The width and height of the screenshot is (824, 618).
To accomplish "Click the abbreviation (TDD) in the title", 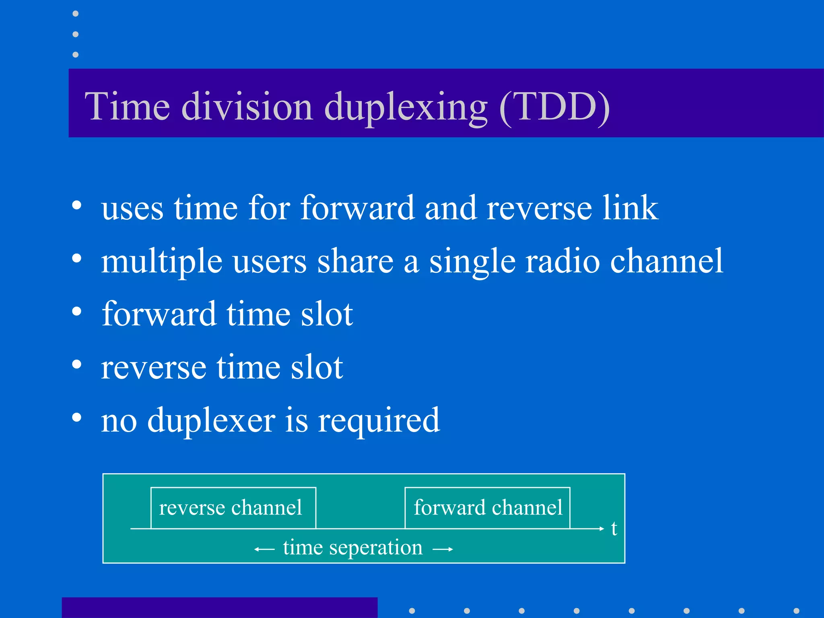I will coord(554,107).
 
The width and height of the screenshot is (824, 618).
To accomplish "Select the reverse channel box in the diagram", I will coord(233,508).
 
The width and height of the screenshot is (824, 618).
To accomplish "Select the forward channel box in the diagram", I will coord(487,508).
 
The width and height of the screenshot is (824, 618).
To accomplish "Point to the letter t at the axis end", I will coord(614,528).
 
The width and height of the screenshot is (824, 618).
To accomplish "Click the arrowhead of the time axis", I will coord(602,528).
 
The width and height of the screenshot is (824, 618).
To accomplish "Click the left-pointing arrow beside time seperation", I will coord(264,549).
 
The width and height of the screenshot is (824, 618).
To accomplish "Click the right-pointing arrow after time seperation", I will coord(443,549).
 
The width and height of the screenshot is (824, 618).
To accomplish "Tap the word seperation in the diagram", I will coord(376,548).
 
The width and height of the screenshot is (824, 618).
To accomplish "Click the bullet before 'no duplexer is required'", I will coord(77,417).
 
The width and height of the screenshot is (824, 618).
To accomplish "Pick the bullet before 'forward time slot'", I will coord(77,311).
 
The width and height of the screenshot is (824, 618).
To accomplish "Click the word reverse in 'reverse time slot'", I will coord(153,368).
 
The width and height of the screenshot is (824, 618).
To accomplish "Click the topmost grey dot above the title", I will coord(75,14).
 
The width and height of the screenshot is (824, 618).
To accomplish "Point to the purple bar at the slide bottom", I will coord(219,608).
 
